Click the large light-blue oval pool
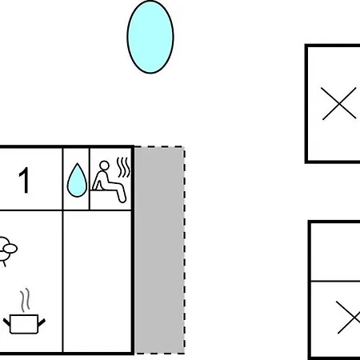point(150,37)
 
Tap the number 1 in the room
point(24,180)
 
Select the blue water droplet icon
point(77,180)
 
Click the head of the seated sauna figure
point(104,166)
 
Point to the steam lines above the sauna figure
point(123,167)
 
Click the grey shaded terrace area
point(159,250)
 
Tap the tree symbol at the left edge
point(6,251)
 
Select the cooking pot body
point(24,324)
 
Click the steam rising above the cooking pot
point(25,300)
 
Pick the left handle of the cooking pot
point(6,322)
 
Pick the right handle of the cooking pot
point(42,322)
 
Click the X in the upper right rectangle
point(339,103)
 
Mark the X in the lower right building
point(348,318)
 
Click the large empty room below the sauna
point(97,282)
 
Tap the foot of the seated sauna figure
point(122,198)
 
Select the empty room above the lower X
point(336,252)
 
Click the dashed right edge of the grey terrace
point(184,250)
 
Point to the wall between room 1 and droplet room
point(62,178)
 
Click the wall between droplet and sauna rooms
point(90,178)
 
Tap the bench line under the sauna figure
point(104,190)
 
